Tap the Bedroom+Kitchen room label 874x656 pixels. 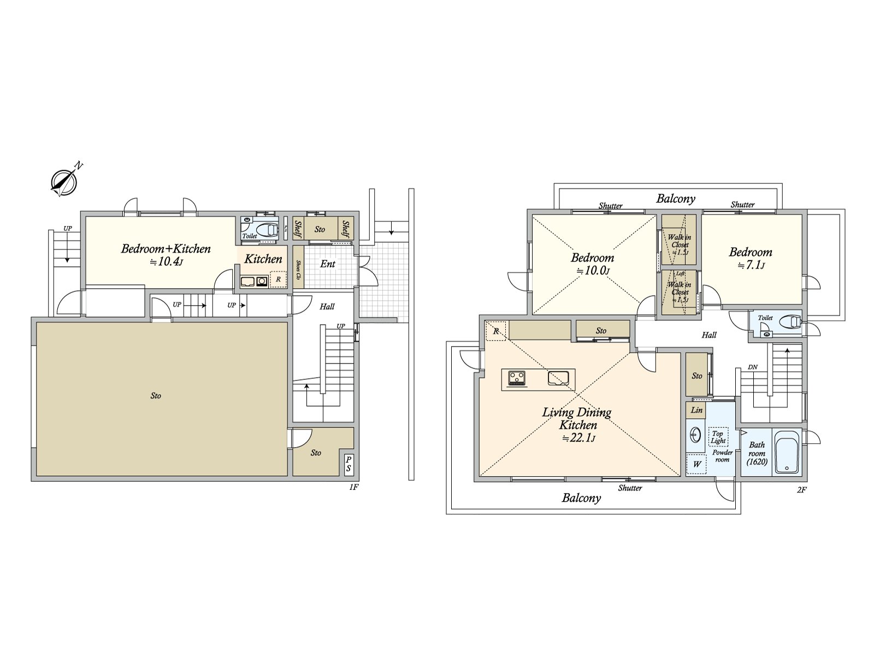(166, 249)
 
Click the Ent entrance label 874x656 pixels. (328, 264)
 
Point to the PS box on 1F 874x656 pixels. (348, 465)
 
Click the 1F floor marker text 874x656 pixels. (353, 487)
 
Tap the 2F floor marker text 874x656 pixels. (801, 490)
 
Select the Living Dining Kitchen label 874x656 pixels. (577, 419)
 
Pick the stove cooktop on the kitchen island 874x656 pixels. (516, 378)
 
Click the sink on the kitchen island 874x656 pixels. (558, 377)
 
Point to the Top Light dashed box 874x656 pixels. (718, 437)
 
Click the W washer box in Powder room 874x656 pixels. (697, 465)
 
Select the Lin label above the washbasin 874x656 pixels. (696, 410)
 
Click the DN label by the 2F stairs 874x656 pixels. (752, 367)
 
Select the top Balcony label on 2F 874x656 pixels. (676, 198)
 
